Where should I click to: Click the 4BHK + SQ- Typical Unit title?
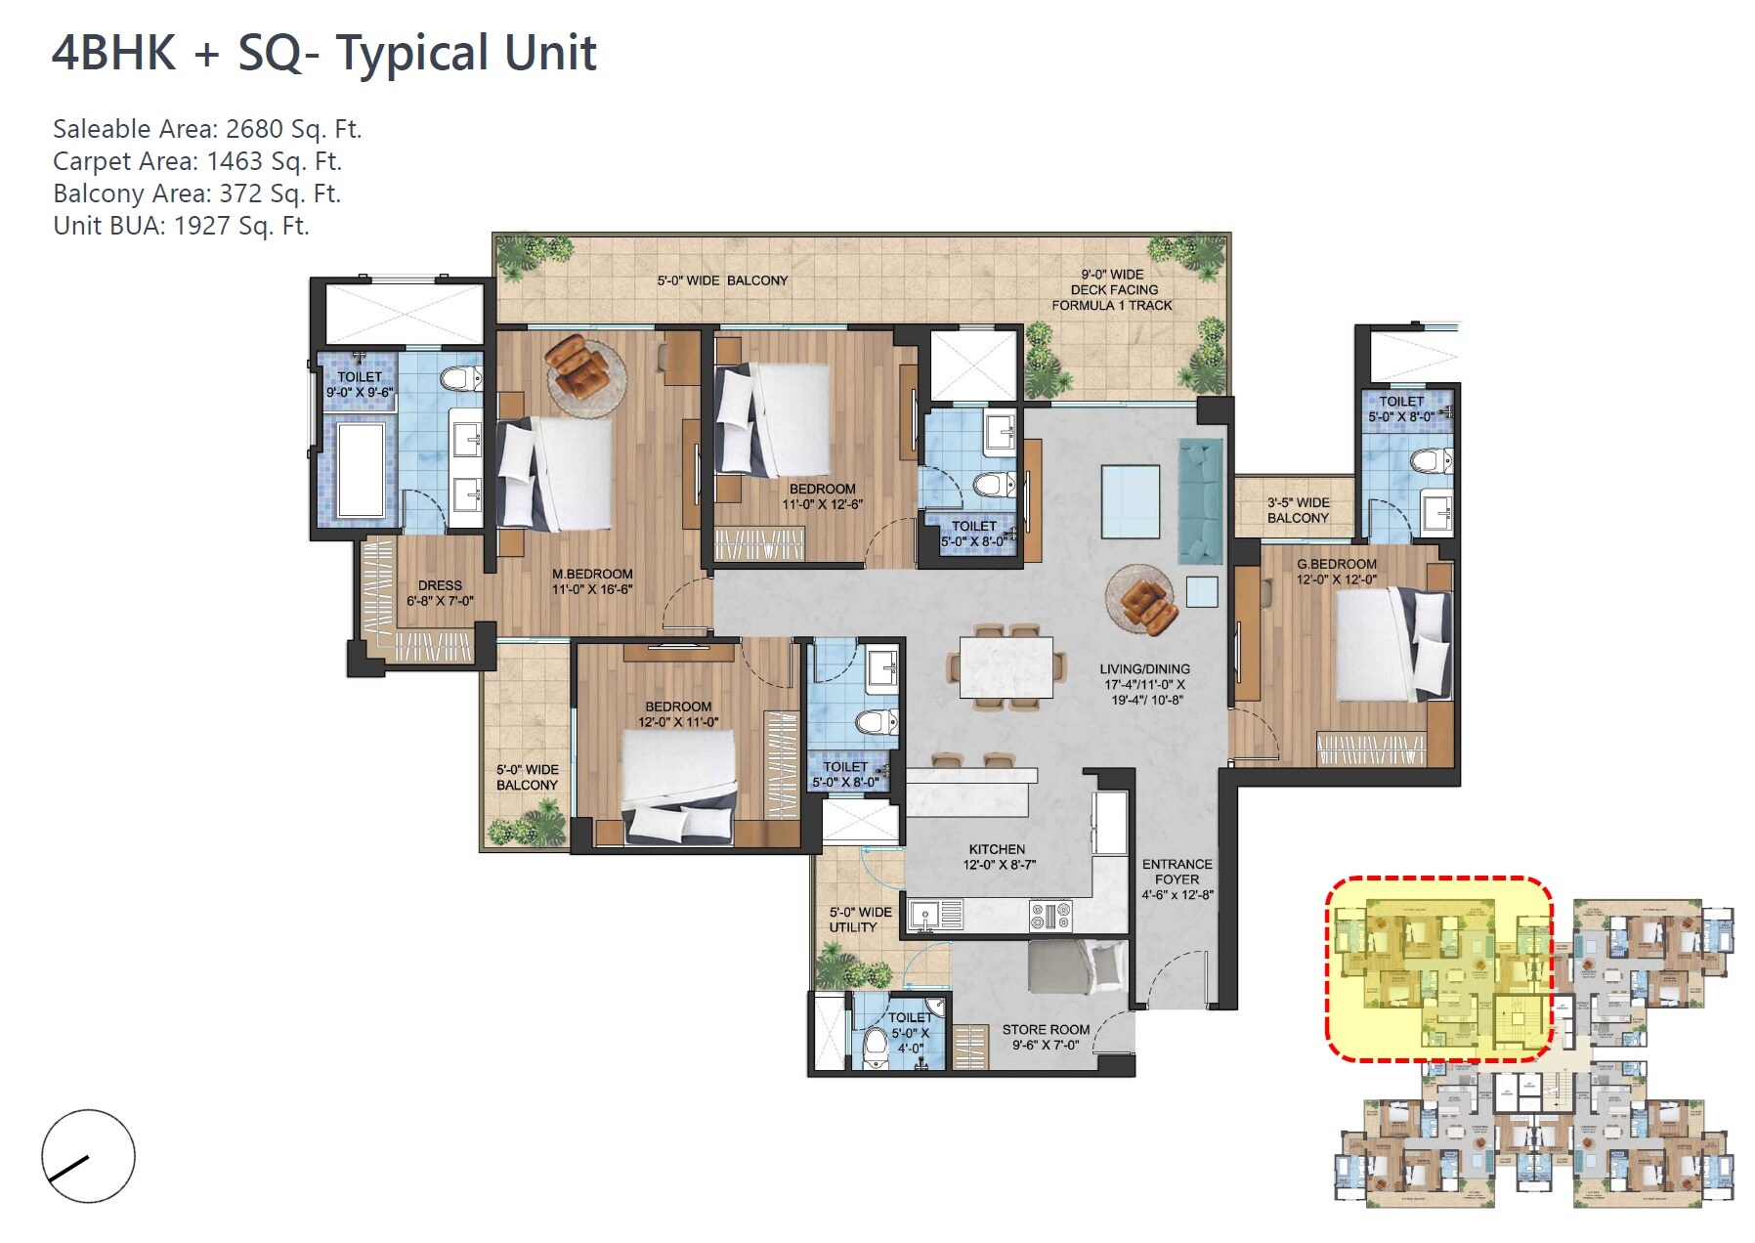[323, 54]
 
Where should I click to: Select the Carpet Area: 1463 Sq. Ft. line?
[196, 161]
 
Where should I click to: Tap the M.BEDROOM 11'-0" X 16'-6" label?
[592, 581]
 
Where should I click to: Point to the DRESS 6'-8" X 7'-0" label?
[440, 593]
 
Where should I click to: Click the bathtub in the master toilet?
[360, 470]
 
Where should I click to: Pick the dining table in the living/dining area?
[1006, 666]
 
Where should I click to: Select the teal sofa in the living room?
[1200, 501]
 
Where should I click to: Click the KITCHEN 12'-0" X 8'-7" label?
[998, 857]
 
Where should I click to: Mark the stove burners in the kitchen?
[1050, 916]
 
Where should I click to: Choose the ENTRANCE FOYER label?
[1177, 879]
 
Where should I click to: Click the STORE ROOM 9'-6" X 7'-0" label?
[1045, 1037]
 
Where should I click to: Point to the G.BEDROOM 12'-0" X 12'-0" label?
[1336, 572]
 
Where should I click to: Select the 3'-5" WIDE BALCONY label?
[1298, 510]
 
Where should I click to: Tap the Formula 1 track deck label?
[1112, 290]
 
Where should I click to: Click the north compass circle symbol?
[88, 1156]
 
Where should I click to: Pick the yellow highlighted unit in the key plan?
[1436, 967]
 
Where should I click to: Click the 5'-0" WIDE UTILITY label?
[860, 920]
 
